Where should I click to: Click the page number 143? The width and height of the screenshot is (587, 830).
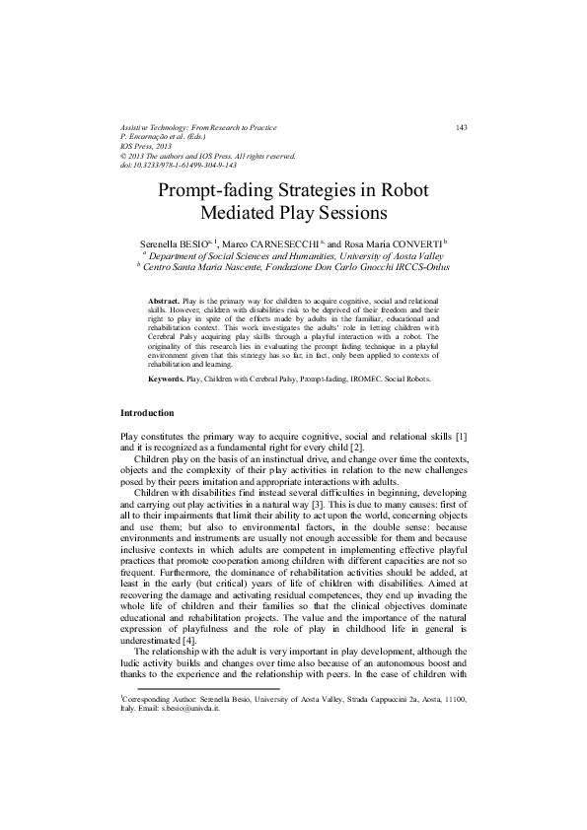461,127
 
